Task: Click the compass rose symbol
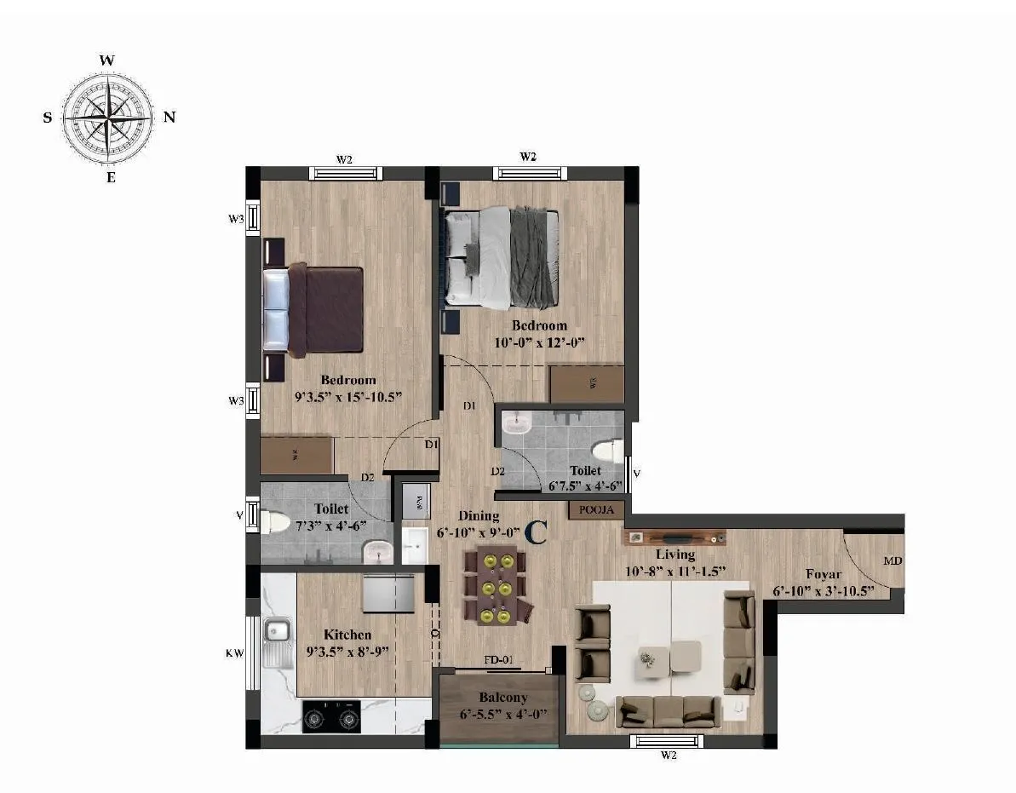[108, 118]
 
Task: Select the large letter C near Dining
[535, 532]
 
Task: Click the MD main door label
[893, 562]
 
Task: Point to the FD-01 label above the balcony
[499, 660]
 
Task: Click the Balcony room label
[498, 698]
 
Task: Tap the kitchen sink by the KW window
[277, 631]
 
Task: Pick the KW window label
[234, 654]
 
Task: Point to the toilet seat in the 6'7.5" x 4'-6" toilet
[606, 451]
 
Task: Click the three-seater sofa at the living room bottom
[665, 710]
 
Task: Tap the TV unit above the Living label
[674, 537]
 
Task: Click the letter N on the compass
[169, 118]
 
